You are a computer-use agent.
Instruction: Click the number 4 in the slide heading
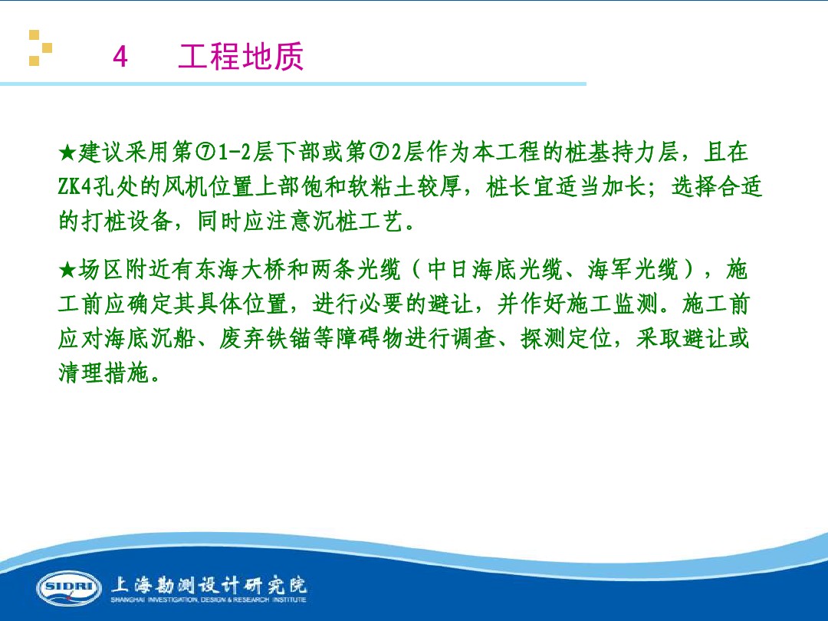120,58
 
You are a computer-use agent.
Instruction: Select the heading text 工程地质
241,57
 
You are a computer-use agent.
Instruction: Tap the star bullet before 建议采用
67,153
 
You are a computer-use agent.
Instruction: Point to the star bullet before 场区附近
67,271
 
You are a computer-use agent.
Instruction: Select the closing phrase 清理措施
104,373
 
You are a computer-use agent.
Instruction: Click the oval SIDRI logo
69,588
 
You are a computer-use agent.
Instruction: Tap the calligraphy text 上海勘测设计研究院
209,584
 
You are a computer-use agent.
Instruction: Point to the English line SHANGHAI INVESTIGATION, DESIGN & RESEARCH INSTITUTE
209,600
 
